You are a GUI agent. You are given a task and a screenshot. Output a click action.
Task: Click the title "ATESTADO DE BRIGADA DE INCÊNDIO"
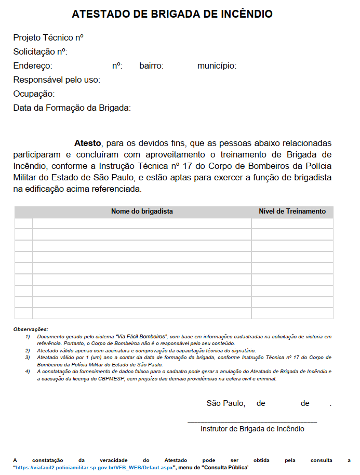[172, 14]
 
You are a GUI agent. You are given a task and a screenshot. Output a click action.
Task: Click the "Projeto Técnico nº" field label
[48, 38]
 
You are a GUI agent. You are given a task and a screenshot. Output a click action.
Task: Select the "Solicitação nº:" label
[41, 52]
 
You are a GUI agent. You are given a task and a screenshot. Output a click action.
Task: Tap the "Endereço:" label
[33, 66]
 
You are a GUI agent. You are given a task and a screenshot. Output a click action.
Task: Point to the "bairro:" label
[152, 66]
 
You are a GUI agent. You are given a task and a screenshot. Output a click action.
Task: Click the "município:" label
[217, 66]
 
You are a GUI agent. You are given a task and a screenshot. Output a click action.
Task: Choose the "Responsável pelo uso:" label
[57, 80]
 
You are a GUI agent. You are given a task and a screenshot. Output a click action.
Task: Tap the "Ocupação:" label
[34, 94]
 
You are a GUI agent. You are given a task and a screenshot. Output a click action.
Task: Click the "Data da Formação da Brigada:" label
[72, 108]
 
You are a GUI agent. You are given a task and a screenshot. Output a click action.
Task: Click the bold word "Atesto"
[88, 143]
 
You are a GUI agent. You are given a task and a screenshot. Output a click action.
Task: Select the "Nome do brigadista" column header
[142, 212]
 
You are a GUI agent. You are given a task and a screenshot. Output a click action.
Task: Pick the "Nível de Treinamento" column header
[292, 212]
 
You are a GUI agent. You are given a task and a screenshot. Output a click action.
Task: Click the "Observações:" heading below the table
[31, 329]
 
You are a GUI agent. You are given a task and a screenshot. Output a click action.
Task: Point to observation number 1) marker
[28, 337]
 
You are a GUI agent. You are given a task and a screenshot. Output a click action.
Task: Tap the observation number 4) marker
[28, 372]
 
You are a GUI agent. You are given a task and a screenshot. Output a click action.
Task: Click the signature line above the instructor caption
[252, 421]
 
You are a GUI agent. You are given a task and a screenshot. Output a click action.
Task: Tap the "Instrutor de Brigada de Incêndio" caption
[252, 429]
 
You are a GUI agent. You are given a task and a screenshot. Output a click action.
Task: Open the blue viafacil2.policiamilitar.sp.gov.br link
[95, 467]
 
